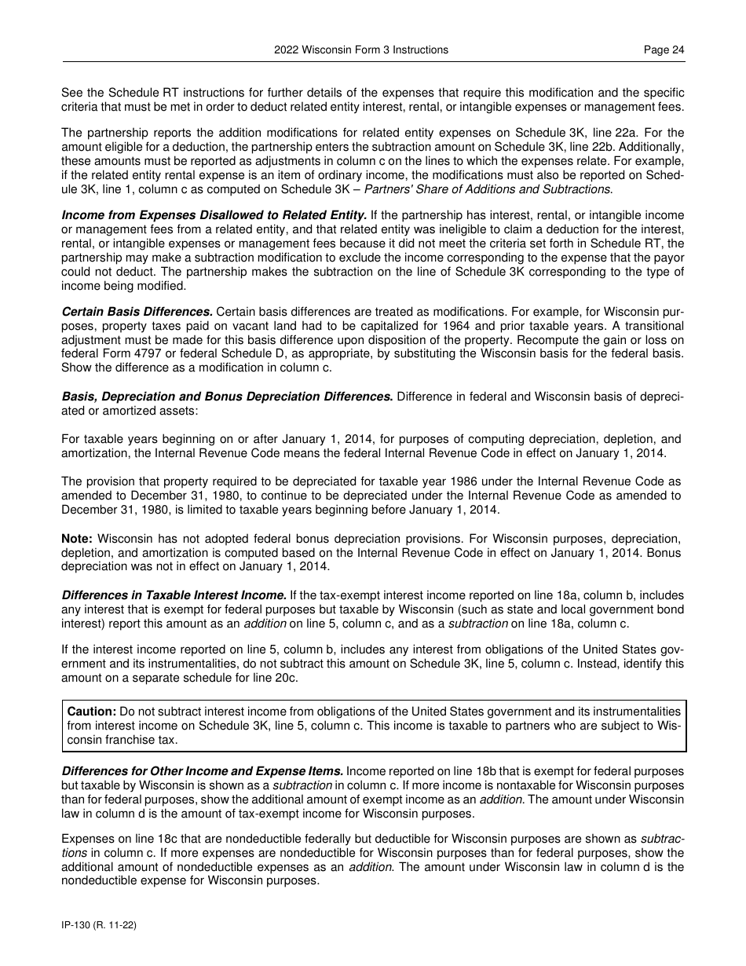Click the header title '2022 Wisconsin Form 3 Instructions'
click(x=361, y=49)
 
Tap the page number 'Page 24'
click(x=664, y=49)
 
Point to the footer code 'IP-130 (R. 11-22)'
click(x=99, y=926)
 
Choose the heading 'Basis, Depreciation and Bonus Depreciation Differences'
click(x=227, y=397)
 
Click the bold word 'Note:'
click(x=77, y=539)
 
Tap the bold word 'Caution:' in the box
click(x=92, y=712)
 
